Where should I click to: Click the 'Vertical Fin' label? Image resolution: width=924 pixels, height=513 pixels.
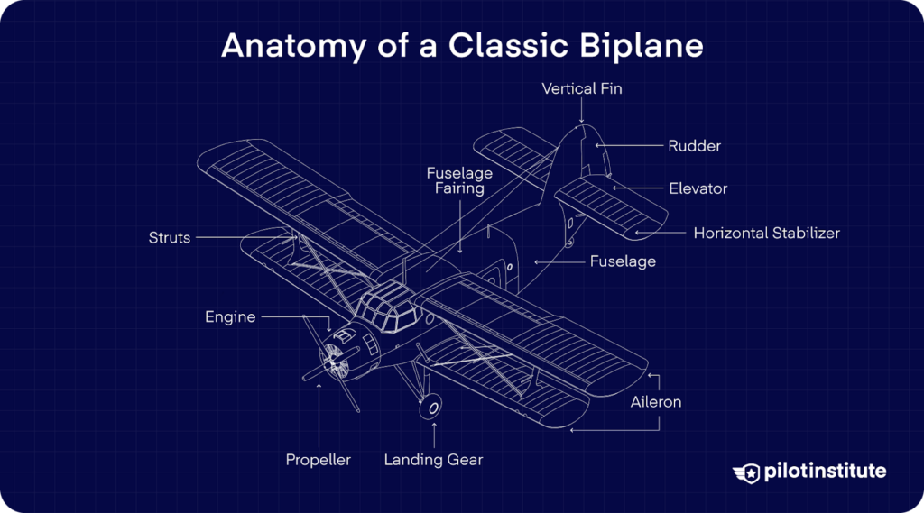click(582, 88)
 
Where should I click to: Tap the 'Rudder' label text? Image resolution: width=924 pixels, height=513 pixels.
click(694, 145)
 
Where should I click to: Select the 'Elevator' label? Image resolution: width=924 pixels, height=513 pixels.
click(698, 188)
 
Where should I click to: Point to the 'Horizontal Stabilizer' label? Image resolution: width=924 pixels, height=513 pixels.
click(766, 233)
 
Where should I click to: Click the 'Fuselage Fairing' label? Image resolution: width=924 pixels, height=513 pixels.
click(459, 180)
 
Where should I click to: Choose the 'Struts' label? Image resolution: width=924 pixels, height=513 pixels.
click(170, 238)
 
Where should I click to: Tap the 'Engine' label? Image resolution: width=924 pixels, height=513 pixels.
click(230, 317)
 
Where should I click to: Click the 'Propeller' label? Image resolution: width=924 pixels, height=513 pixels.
click(318, 460)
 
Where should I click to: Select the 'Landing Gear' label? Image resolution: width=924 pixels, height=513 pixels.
click(433, 460)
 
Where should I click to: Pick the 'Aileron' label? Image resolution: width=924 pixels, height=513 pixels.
click(656, 402)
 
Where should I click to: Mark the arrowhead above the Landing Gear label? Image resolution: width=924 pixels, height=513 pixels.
click(434, 424)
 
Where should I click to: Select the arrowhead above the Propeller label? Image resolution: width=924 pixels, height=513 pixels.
click(319, 385)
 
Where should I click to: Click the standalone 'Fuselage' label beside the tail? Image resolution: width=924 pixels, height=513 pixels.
click(623, 261)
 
